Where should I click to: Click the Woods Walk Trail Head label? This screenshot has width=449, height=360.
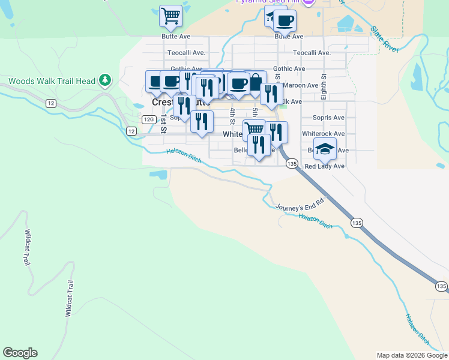pos(52,81)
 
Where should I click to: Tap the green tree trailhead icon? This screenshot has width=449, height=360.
pos(105,80)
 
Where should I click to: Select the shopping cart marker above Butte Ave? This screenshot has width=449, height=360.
pos(170,16)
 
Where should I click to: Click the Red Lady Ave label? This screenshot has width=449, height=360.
pos(324,166)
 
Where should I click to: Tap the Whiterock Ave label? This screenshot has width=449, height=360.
pos(324,134)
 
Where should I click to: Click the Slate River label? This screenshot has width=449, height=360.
pos(385,38)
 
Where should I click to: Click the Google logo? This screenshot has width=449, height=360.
pos(20,353)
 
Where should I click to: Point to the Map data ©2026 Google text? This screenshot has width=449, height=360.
pos(412,355)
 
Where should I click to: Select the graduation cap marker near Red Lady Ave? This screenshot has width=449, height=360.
pos(325,149)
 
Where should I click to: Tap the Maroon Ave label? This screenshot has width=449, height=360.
pos(304,85)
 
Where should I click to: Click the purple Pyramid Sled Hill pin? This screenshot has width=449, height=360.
pos(309,2)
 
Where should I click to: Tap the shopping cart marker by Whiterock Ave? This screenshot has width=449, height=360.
pos(255,128)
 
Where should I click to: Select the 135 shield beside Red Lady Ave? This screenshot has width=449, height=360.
pos(292,163)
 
